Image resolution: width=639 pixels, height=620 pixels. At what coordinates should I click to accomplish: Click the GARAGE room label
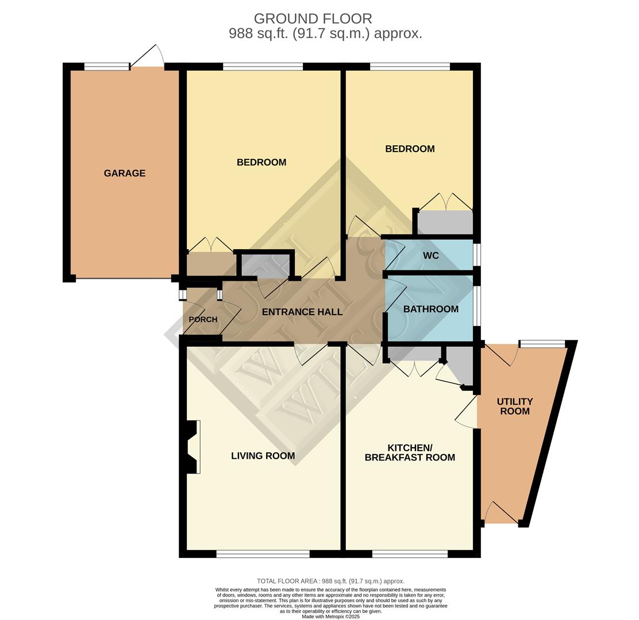coord(124,173)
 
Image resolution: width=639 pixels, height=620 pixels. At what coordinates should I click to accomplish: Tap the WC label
coord(430,255)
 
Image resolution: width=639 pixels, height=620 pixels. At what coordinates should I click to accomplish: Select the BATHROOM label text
coord(430,309)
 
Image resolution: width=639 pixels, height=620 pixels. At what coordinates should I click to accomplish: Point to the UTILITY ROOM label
coord(514,406)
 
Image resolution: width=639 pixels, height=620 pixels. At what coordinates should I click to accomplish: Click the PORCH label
coord(203,320)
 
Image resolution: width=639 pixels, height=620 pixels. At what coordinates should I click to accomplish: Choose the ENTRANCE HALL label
coord(302,312)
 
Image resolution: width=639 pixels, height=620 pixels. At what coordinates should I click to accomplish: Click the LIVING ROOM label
coord(263,456)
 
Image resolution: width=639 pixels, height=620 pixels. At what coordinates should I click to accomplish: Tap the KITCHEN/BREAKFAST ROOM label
coord(410,452)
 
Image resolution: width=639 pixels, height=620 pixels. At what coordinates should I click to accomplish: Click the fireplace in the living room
coord(194,447)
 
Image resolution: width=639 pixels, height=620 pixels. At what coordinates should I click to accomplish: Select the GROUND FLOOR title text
coord(313,19)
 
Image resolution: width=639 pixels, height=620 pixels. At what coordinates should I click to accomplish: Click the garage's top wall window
coord(107,67)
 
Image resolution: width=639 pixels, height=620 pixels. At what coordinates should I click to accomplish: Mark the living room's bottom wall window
coord(263,554)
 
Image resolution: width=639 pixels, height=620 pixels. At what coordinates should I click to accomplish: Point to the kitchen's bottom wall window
coord(410,554)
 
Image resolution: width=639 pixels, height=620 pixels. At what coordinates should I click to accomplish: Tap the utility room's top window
coord(542,344)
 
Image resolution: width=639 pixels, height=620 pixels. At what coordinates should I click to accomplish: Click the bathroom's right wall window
coord(477,305)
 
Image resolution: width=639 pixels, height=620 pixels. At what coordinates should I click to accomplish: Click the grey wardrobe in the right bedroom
coord(445,223)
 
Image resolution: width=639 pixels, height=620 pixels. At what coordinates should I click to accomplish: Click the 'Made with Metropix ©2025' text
coord(330,617)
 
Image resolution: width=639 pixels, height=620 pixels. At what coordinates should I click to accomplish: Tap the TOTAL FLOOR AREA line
coord(330,581)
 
